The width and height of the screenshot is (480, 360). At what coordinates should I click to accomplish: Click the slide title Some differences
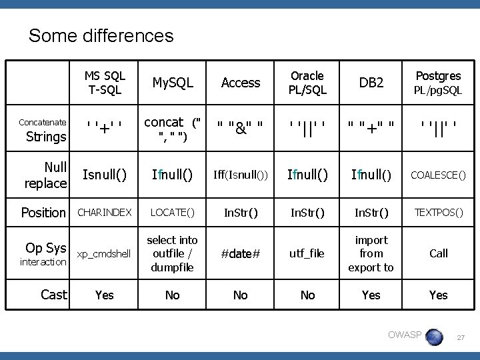101,35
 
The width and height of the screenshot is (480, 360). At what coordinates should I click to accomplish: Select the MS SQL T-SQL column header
105,82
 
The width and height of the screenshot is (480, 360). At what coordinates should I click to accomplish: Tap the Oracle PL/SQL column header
307,82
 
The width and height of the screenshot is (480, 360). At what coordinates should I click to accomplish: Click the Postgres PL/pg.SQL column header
438,82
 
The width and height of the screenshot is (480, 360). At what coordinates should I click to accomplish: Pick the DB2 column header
371,82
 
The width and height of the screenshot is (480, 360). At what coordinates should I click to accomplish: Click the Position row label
44,213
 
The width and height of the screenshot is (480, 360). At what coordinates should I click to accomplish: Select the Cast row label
54,295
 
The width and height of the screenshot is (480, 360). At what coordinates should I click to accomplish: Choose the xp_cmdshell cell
105,254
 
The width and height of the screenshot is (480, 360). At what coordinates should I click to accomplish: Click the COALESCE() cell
438,175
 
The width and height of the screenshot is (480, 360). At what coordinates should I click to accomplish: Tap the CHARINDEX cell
105,213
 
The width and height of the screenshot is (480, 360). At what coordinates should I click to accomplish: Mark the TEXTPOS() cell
438,213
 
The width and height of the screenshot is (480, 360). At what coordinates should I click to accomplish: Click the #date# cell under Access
240,254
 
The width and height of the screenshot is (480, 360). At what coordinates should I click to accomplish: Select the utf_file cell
307,254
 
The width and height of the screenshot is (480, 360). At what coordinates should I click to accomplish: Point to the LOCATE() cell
172,213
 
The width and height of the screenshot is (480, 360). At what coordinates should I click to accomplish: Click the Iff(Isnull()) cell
240,175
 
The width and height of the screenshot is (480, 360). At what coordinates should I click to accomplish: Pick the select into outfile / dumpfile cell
172,253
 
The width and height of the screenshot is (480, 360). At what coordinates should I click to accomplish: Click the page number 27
461,339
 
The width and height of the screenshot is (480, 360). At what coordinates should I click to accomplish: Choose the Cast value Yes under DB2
371,295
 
